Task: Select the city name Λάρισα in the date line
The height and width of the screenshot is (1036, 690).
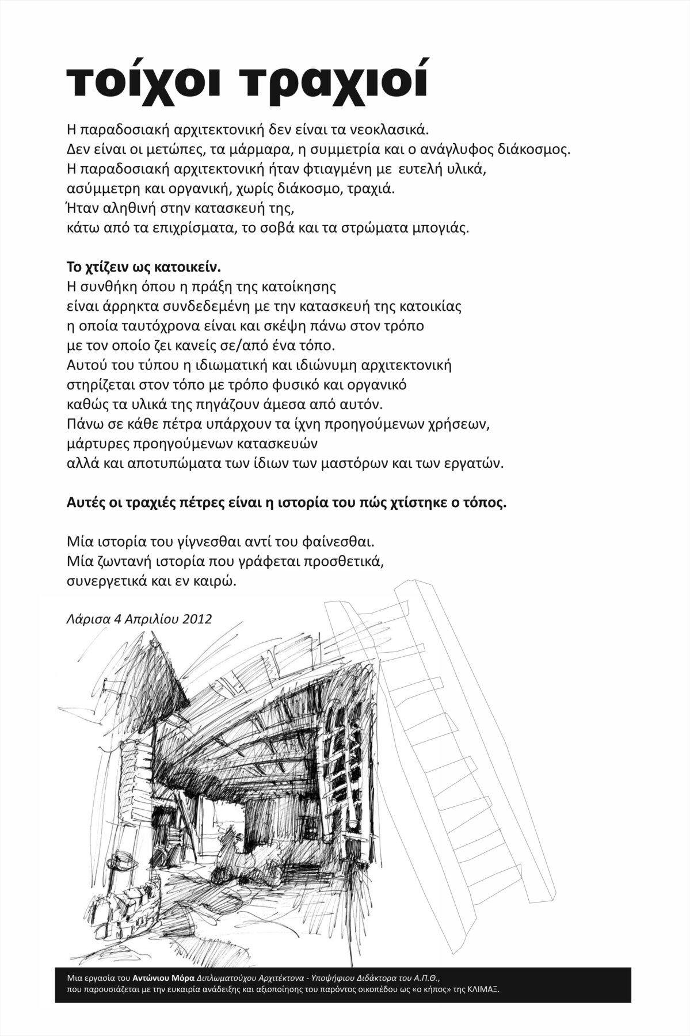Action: coord(84,619)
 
